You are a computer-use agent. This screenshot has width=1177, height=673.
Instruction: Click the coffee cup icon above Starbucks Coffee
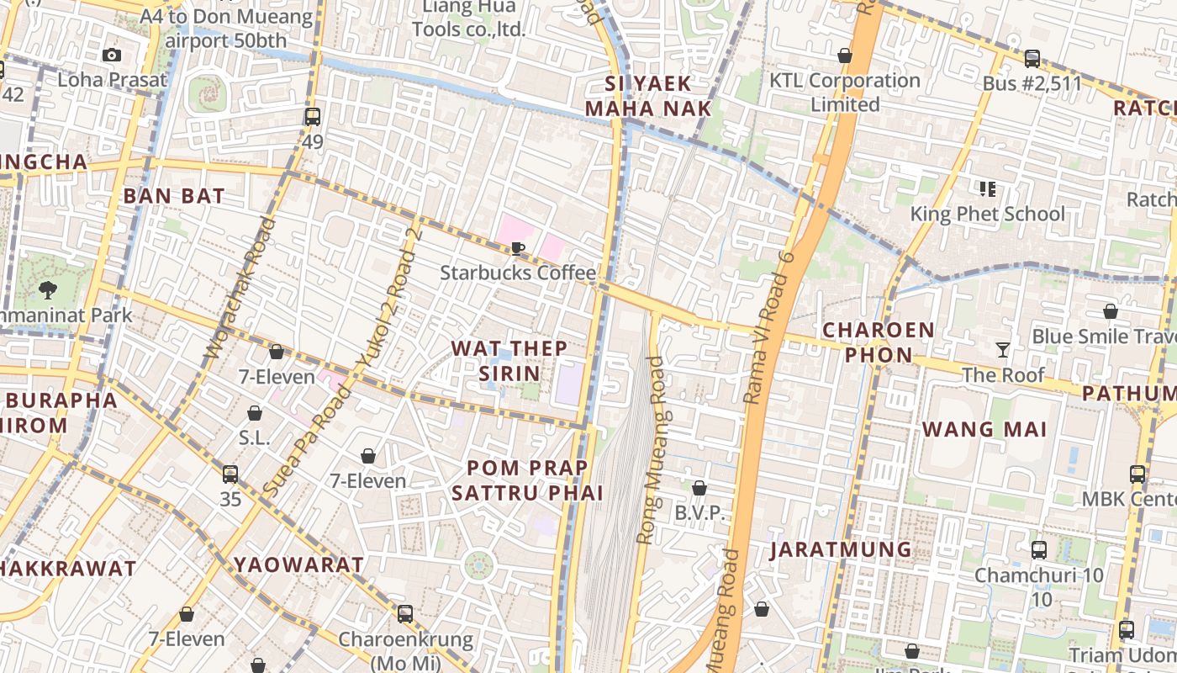click(x=518, y=248)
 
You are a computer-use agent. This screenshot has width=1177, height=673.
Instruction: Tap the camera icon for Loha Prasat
click(x=111, y=56)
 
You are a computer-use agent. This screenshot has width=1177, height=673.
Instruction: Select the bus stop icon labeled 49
click(x=312, y=117)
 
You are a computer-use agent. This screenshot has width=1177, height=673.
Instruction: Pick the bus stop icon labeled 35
click(x=230, y=474)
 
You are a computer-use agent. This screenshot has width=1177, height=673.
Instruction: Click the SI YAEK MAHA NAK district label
click(x=648, y=96)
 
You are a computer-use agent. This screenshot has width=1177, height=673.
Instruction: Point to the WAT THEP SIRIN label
click(x=509, y=360)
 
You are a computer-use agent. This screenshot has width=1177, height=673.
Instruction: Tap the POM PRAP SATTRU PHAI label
click(x=527, y=480)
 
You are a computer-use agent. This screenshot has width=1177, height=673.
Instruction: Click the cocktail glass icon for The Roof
click(x=1002, y=350)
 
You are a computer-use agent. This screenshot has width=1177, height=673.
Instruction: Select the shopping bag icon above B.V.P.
click(x=699, y=488)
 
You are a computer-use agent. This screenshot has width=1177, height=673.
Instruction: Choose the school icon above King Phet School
click(x=987, y=189)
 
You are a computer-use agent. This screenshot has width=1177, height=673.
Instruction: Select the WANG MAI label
click(x=984, y=429)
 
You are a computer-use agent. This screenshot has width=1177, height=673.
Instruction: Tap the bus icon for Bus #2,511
click(x=1032, y=59)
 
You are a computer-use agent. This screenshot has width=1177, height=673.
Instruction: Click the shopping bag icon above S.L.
click(x=254, y=413)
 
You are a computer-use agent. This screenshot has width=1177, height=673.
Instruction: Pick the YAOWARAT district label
click(x=298, y=564)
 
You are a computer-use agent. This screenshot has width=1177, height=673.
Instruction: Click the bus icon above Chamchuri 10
click(x=1039, y=550)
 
